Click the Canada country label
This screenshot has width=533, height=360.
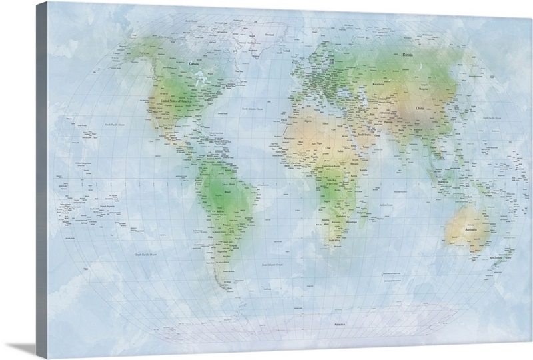(x=194, y=64)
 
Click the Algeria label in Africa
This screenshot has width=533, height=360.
(x=308, y=122)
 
